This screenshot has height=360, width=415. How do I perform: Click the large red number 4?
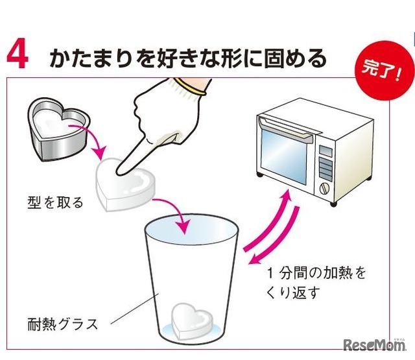[x=18, y=56]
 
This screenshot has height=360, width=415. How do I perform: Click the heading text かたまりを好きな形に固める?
[x=187, y=58]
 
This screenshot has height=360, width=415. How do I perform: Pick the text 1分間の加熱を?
[x=316, y=273]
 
